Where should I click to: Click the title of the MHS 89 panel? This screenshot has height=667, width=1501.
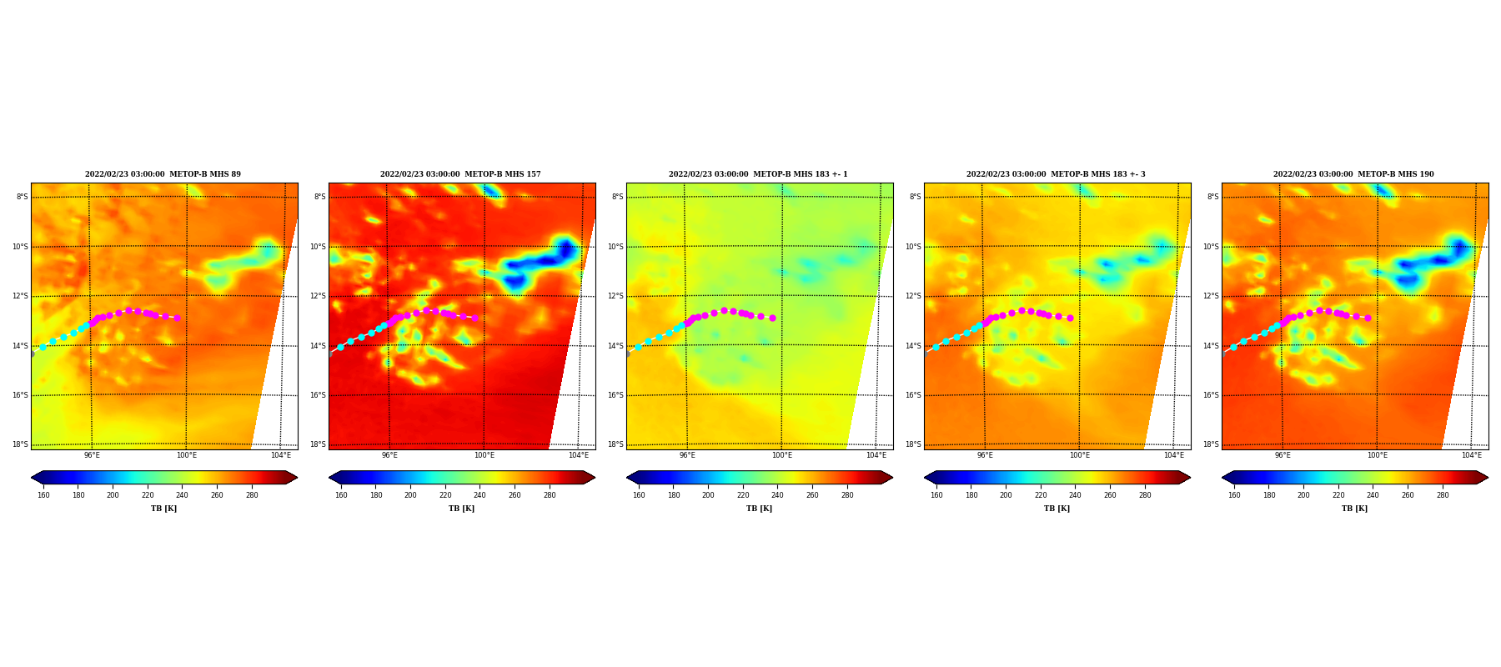pyautogui.click(x=163, y=174)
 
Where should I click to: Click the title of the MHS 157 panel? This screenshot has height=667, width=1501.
pyautogui.click(x=460, y=174)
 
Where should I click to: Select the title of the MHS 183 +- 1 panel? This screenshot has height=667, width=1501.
pyautogui.click(x=758, y=174)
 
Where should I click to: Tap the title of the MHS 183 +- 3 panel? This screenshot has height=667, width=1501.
pyautogui.click(x=1056, y=174)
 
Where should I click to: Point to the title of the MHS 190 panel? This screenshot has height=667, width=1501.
pyautogui.click(x=1353, y=174)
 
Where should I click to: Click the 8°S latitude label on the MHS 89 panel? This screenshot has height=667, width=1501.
pyautogui.click(x=22, y=197)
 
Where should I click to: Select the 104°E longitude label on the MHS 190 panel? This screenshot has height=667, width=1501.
pyautogui.click(x=1472, y=455)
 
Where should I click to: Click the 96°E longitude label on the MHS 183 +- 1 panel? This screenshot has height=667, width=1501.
pyautogui.click(x=687, y=455)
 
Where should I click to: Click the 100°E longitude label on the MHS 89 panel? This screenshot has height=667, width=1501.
pyautogui.click(x=187, y=455)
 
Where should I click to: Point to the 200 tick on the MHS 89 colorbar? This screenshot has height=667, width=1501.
pyautogui.click(x=113, y=495)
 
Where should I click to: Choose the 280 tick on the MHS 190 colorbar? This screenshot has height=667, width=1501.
pyautogui.click(x=1443, y=495)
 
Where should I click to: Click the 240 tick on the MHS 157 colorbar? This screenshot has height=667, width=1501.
pyautogui.click(x=479, y=495)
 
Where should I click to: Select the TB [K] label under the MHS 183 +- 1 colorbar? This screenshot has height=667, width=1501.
pyautogui.click(x=759, y=509)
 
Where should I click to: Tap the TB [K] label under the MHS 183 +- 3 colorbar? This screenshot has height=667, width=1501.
pyautogui.click(x=1057, y=509)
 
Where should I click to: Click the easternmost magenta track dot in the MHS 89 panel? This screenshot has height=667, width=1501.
pyautogui.click(x=177, y=318)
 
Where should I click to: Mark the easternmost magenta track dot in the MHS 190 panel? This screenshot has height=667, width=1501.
pyautogui.click(x=1368, y=318)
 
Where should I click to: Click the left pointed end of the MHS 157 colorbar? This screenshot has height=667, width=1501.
pyautogui.click(x=330, y=478)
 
